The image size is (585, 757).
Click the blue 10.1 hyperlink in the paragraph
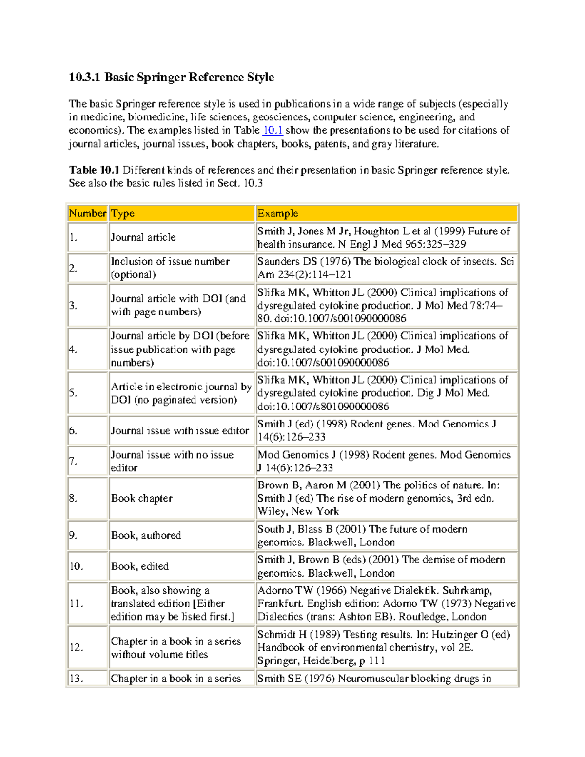tap(273, 130)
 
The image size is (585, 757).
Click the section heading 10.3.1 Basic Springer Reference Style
tap(171, 78)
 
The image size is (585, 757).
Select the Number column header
tap(87, 214)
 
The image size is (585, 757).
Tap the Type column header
tap(123, 214)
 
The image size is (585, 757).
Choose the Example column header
tap(278, 214)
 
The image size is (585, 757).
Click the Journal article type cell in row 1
tap(143, 237)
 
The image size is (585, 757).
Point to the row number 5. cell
tap(74, 393)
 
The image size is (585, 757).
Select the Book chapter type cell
tap(142, 498)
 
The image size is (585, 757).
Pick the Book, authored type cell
tap(146, 535)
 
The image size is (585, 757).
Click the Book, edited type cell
tap(140, 566)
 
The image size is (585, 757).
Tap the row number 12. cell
tap(77, 648)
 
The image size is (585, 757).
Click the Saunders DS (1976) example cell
tap(386, 268)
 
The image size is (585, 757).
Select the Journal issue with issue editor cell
tap(179, 431)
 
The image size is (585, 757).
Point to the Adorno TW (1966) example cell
tap(386, 603)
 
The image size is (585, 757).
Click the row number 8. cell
tap(74, 498)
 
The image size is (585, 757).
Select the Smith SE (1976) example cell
tap(374, 679)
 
